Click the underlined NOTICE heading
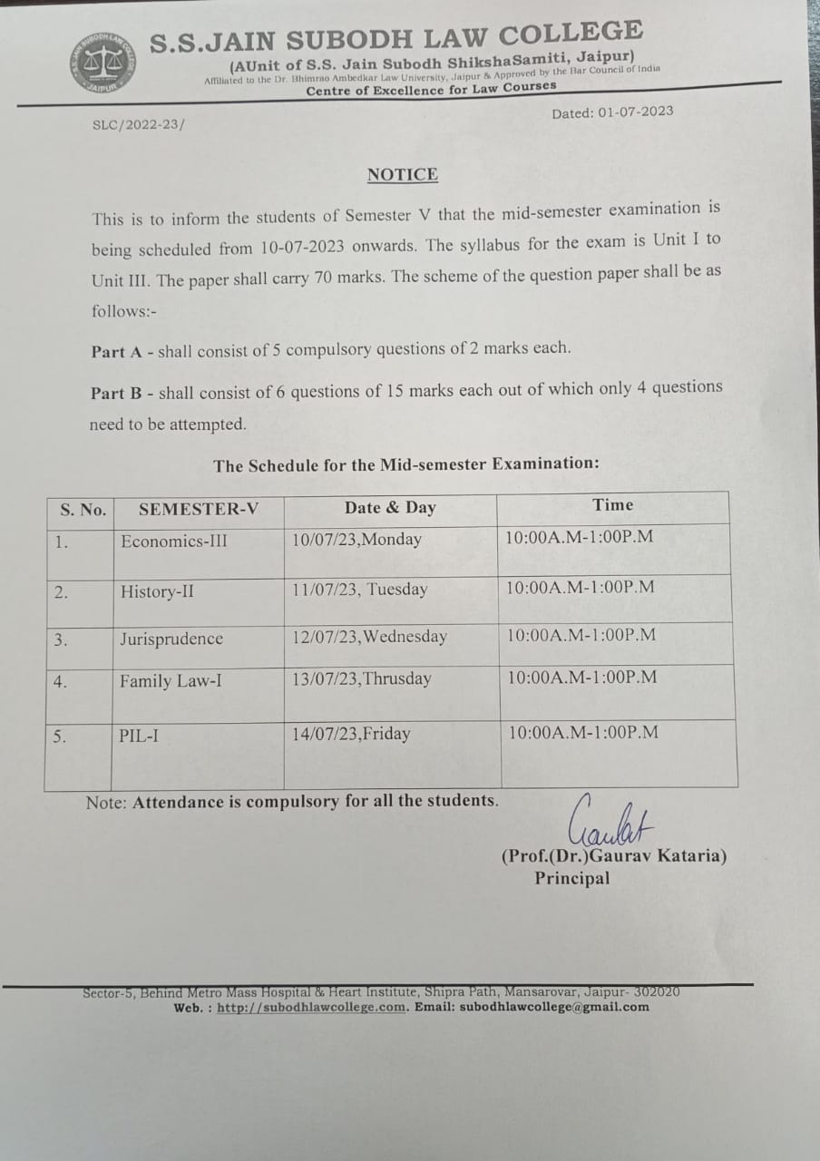coord(403,174)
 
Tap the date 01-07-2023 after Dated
coord(635,112)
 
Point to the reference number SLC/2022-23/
coord(137,125)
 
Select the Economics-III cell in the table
coord(174,541)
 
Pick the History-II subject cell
coord(157,592)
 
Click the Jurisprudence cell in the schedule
coord(171,639)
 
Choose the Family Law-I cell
coord(171,680)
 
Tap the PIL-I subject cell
coord(139,735)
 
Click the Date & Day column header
coord(390,507)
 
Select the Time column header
coord(613,505)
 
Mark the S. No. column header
coord(83,510)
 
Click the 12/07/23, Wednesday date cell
coord(369,637)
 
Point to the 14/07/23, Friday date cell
coord(351,734)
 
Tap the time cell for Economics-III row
coord(580,536)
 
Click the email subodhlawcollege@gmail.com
coord(554,1006)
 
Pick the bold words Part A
coord(119,351)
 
